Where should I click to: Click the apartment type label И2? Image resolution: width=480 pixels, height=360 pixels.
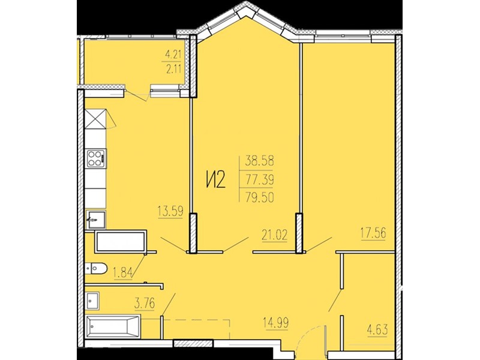point(215,179)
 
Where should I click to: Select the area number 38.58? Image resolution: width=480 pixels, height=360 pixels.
point(259,161)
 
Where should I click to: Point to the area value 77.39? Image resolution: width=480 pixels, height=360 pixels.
point(259,179)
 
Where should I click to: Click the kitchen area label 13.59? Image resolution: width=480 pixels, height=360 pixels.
point(170,211)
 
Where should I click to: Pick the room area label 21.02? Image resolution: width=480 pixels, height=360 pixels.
point(275,235)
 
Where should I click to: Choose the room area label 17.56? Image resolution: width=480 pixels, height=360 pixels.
point(373,233)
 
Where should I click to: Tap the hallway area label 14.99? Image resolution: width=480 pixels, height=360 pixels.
point(275,323)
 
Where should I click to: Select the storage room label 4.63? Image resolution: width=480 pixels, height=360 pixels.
point(377,330)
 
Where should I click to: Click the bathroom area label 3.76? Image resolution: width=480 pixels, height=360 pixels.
point(145,304)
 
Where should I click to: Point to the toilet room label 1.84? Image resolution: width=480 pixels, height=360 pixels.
point(123,272)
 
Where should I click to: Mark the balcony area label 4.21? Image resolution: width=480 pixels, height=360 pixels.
point(173,55)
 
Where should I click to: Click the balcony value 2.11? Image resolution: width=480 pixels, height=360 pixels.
point(173,69)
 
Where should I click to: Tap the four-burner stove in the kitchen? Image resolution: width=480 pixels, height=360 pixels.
point(96,158)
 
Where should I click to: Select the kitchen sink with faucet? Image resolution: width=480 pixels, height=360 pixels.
point(96,219)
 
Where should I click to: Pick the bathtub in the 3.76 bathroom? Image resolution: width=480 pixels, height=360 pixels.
point(113,326)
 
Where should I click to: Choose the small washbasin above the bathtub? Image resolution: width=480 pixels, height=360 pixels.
point(92,301)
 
